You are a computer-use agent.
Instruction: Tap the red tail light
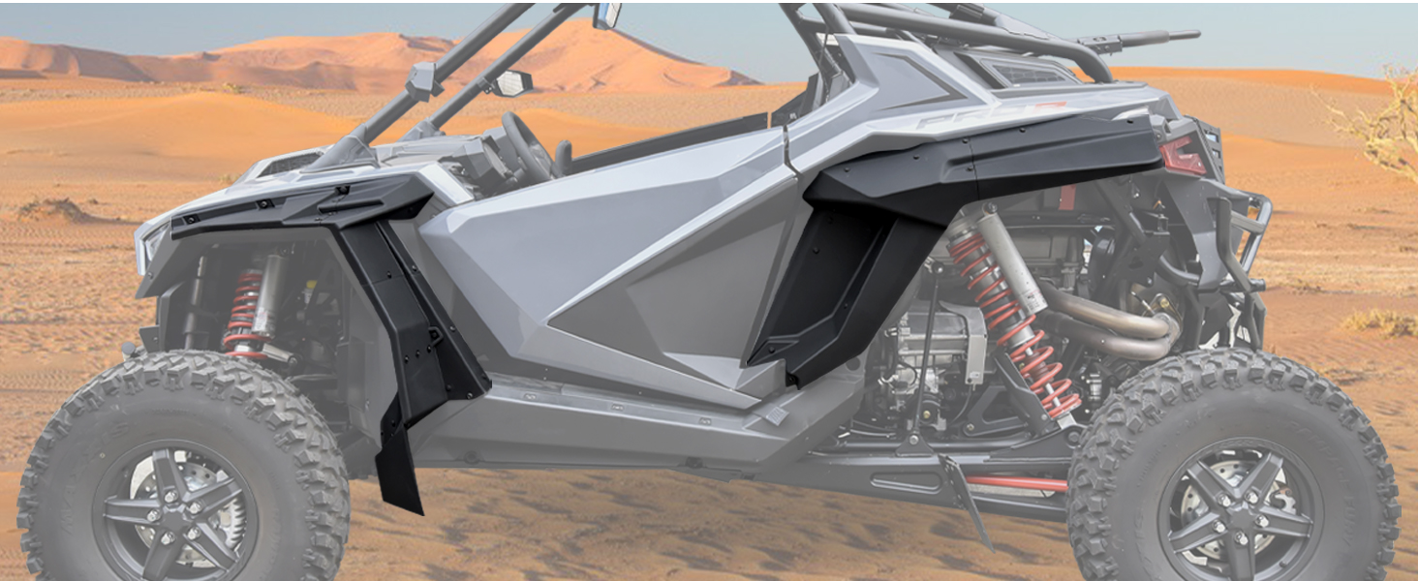(x=1184, y=155)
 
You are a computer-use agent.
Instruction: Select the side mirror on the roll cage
(x=510, y=83)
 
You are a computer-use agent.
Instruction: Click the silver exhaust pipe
(x=1114, y=324)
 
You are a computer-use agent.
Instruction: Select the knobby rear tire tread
(x=1356, y=426)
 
